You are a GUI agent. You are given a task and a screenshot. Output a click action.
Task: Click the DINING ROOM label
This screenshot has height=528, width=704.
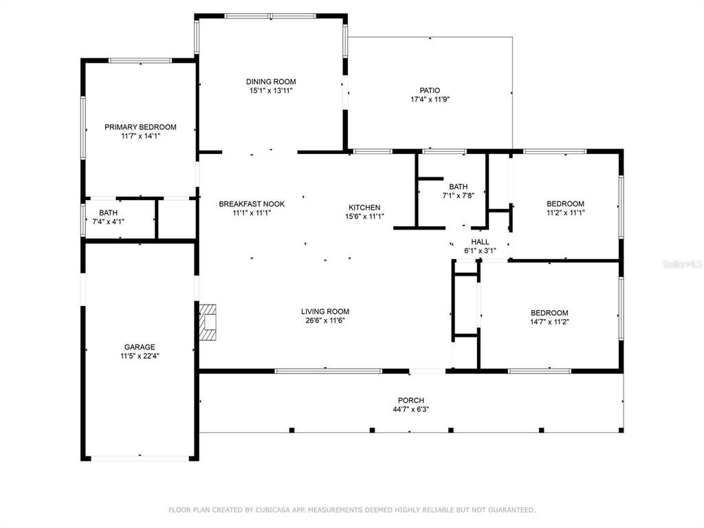pos(271,82)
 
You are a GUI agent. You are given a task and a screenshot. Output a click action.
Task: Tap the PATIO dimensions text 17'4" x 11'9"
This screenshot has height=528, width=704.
pos(430,99)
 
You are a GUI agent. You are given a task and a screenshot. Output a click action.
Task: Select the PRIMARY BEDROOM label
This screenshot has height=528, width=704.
pos(140,127)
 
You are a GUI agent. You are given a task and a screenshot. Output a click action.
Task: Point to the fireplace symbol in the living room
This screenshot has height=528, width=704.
pos(208,322)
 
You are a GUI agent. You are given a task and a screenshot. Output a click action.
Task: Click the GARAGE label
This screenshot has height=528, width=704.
pos(140,347)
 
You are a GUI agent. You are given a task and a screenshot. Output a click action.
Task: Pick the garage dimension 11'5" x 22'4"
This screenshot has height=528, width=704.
pos(140,356)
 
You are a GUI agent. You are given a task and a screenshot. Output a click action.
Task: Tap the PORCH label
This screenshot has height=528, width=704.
pos(411,401)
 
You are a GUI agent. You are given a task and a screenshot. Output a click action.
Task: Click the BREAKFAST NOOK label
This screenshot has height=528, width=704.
pos(252,203)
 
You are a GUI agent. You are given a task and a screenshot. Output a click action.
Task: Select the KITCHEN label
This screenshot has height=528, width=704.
pos(364,208)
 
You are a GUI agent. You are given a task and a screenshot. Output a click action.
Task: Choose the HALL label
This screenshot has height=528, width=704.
pos(480,242)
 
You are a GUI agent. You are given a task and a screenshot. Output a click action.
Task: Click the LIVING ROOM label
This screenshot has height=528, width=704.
pos(325,311)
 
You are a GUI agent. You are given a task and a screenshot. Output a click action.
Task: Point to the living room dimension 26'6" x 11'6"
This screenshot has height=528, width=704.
pos(325,320)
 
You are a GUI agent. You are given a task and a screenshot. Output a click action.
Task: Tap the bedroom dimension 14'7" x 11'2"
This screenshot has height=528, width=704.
pos(549,322)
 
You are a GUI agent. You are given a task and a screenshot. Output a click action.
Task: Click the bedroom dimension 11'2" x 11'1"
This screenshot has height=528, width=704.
pos(565,213)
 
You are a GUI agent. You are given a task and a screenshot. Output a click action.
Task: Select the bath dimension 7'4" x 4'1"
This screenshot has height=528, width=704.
pos(108,222)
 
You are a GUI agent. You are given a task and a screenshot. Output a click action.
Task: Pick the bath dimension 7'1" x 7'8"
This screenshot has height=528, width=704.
pos(458,195)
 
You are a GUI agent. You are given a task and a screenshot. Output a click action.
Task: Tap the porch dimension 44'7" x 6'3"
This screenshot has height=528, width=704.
pos(411,410)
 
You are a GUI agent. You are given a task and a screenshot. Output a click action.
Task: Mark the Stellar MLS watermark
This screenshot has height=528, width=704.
pos(683,264)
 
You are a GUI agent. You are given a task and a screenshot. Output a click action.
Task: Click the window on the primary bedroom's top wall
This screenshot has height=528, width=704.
pos(140,60)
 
